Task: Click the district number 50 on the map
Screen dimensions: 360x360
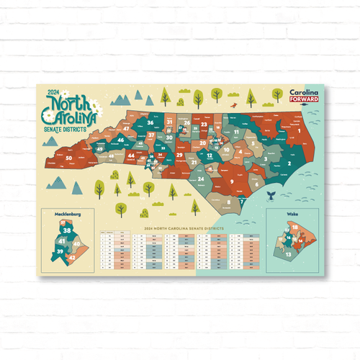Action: (x=69, y=158)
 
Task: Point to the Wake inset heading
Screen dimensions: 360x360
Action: (x=292, y=214)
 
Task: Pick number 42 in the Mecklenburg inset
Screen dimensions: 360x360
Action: (x=73, y=256)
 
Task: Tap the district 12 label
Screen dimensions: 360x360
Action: (x=209, y=155)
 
